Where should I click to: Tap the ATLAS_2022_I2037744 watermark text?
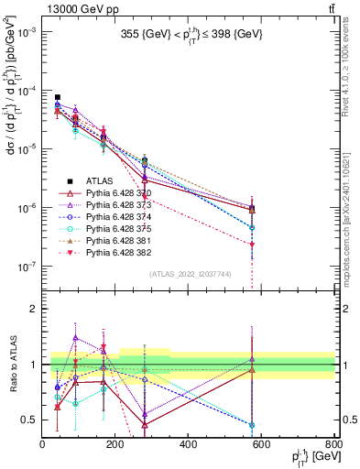coord(188,273)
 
